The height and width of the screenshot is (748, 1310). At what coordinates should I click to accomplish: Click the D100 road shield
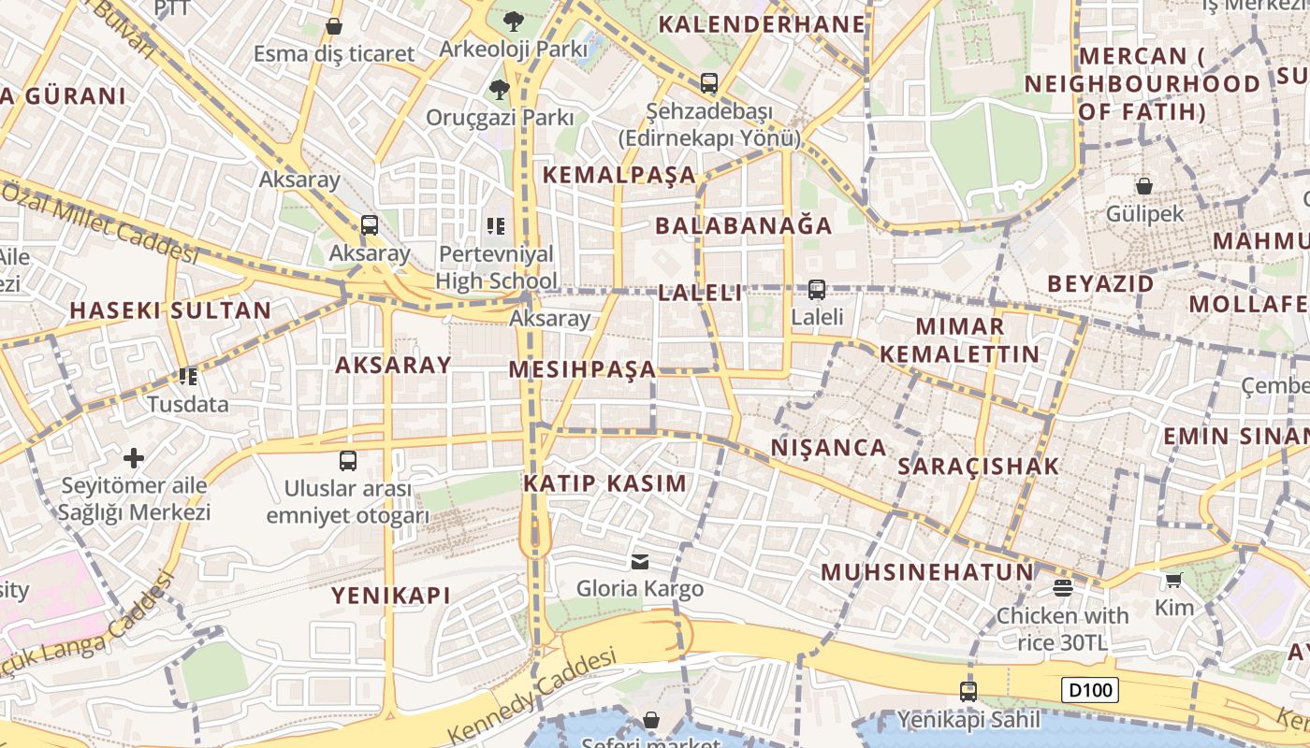click(1091, 691)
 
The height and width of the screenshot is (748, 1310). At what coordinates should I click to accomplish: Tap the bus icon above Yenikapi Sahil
click(968, 692)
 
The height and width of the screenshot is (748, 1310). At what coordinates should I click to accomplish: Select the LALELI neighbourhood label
click(700, 293)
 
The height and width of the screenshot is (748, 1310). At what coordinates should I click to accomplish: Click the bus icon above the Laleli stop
click(817, 290)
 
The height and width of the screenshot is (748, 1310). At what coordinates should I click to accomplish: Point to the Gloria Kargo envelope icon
click(640, 561)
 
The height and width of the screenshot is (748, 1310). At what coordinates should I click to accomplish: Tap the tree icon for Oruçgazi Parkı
click(500, 90)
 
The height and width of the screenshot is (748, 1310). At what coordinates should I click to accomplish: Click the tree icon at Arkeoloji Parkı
click(513, 21)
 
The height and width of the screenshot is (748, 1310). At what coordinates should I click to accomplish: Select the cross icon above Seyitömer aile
click(134, 458)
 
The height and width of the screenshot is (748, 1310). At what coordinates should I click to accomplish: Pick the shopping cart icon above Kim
click(1174, 581)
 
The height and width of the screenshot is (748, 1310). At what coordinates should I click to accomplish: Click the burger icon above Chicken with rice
click(1062, 588)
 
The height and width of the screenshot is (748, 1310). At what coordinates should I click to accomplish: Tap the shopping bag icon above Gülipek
click(1143, 186)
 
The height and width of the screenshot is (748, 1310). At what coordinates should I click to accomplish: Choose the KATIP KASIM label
click(604, 483)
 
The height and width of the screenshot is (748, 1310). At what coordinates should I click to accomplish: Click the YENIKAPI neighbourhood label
click(391, 595)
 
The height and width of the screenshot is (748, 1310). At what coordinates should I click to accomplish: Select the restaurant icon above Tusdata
click(188, 377)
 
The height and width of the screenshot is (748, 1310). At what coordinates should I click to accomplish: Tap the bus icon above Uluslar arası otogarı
click(348, 460)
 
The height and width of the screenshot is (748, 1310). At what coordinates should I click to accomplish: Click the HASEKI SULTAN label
click(170, 310)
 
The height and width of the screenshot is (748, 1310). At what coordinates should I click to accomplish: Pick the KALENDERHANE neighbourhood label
click(762, 24)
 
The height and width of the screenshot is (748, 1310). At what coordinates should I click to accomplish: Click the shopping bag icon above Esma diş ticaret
click(334, 26)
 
